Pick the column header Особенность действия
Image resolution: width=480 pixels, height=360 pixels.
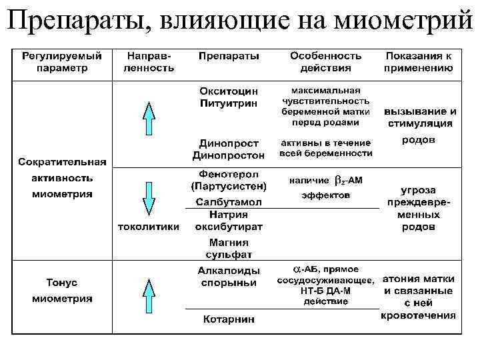click(x=326, y=61)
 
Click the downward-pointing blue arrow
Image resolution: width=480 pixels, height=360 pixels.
click(x=149, y=197)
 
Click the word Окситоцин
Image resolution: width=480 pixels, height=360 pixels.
click(x=229, y=91)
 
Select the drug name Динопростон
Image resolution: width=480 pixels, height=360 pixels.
click(x=229, y=155)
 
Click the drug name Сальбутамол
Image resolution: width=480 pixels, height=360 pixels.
click(x=229, y=202)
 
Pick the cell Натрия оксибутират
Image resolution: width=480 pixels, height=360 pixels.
click(x=229, y=221)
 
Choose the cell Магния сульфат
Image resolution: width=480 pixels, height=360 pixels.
click(x=229, y=249)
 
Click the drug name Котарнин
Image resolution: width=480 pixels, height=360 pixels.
click(x=229, y=319)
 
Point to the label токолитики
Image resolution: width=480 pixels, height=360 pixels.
click(x=149, y=227)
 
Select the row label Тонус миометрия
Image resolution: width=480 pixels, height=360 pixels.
click(x=62, y=290)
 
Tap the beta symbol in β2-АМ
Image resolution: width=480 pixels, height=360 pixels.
click(x=338, y=180)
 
